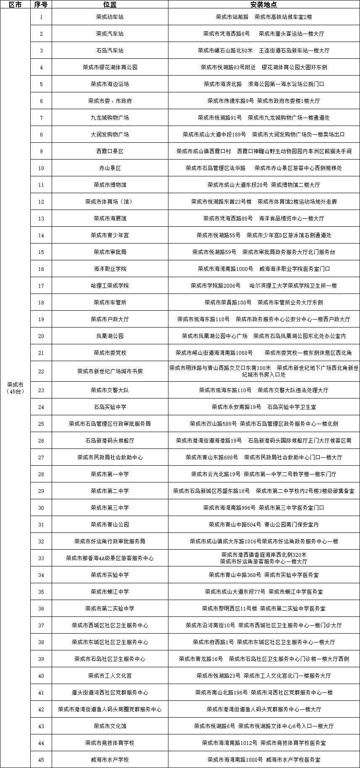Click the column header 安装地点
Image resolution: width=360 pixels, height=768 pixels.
tap(264, 4)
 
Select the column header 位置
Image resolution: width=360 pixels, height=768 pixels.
tap(110, 4)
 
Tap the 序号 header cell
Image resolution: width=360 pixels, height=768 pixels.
tap(41, 4)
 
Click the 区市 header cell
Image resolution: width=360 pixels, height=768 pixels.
tap(15, 4)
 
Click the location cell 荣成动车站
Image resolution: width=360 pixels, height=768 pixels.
tap(110, 17)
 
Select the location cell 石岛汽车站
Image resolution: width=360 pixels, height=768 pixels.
tap(110, 50)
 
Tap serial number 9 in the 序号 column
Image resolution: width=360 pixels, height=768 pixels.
tap(41, 151)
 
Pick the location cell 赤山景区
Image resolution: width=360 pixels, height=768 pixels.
tap(110, 168)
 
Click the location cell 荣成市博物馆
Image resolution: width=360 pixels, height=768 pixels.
tap(110, 185)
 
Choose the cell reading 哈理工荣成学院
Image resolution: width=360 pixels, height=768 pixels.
tap(110, 286)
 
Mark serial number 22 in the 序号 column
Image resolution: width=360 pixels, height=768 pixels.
tap(41, 371)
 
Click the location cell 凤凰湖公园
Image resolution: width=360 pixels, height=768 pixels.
tap(110, 336)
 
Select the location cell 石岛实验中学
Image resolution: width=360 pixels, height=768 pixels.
tap(110, 407)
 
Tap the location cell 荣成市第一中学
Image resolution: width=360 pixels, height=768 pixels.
tap(110, 474)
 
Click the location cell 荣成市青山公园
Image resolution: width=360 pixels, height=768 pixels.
tap(110, 524)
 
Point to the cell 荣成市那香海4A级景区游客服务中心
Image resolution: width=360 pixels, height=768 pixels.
tap(110, 558)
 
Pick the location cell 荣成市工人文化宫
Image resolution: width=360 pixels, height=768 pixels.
tap(110, 676)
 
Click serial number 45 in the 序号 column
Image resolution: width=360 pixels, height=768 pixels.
tap(41, 760)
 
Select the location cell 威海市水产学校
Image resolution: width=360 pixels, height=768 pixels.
tap(110, 760)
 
